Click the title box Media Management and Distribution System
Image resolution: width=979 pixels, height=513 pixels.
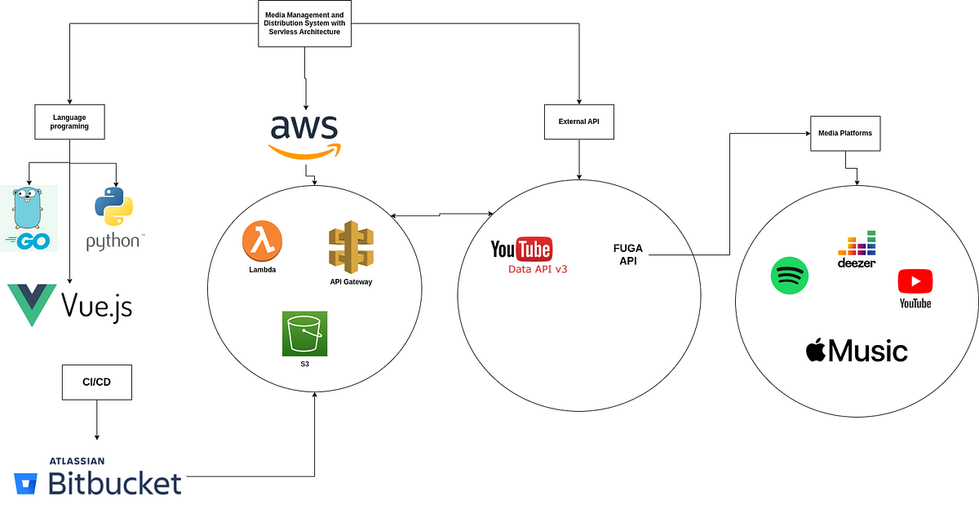tap(304, 23)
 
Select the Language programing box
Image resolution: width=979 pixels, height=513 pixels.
tap(69, 122)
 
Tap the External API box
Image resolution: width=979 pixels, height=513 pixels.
tap(578, 122)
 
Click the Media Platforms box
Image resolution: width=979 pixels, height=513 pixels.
tap(844, 132)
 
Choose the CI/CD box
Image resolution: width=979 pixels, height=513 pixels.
tap(97, 383)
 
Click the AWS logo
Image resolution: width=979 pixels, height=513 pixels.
tap(304, 135)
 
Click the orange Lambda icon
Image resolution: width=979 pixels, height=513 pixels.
tap(261, 241)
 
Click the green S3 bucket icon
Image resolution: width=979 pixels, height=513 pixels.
tap(304, 334)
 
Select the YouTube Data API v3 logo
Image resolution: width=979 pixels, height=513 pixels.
tap(521, 254)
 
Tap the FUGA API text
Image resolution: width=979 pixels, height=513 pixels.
tap(628, 254)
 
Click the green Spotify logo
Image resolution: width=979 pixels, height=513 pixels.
tap(789, 276)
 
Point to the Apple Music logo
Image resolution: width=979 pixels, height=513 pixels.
tap(856, 351)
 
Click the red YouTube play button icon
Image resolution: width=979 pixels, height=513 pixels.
tap(915, 281)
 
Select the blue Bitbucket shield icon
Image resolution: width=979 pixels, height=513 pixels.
tap(29, 484)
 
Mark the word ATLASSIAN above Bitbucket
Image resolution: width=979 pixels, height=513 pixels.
tap(78, 461)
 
